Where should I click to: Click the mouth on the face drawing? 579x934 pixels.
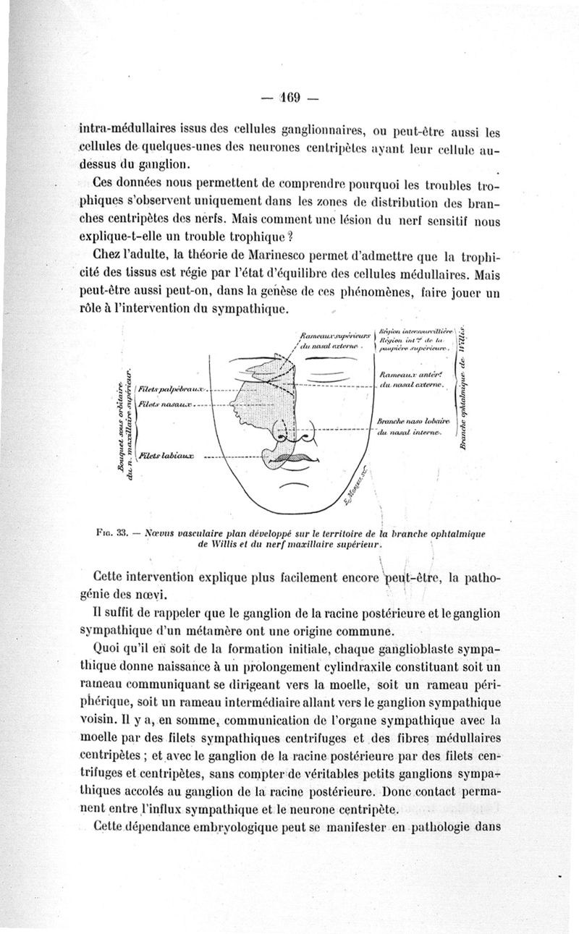click(x=292, y=458)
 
